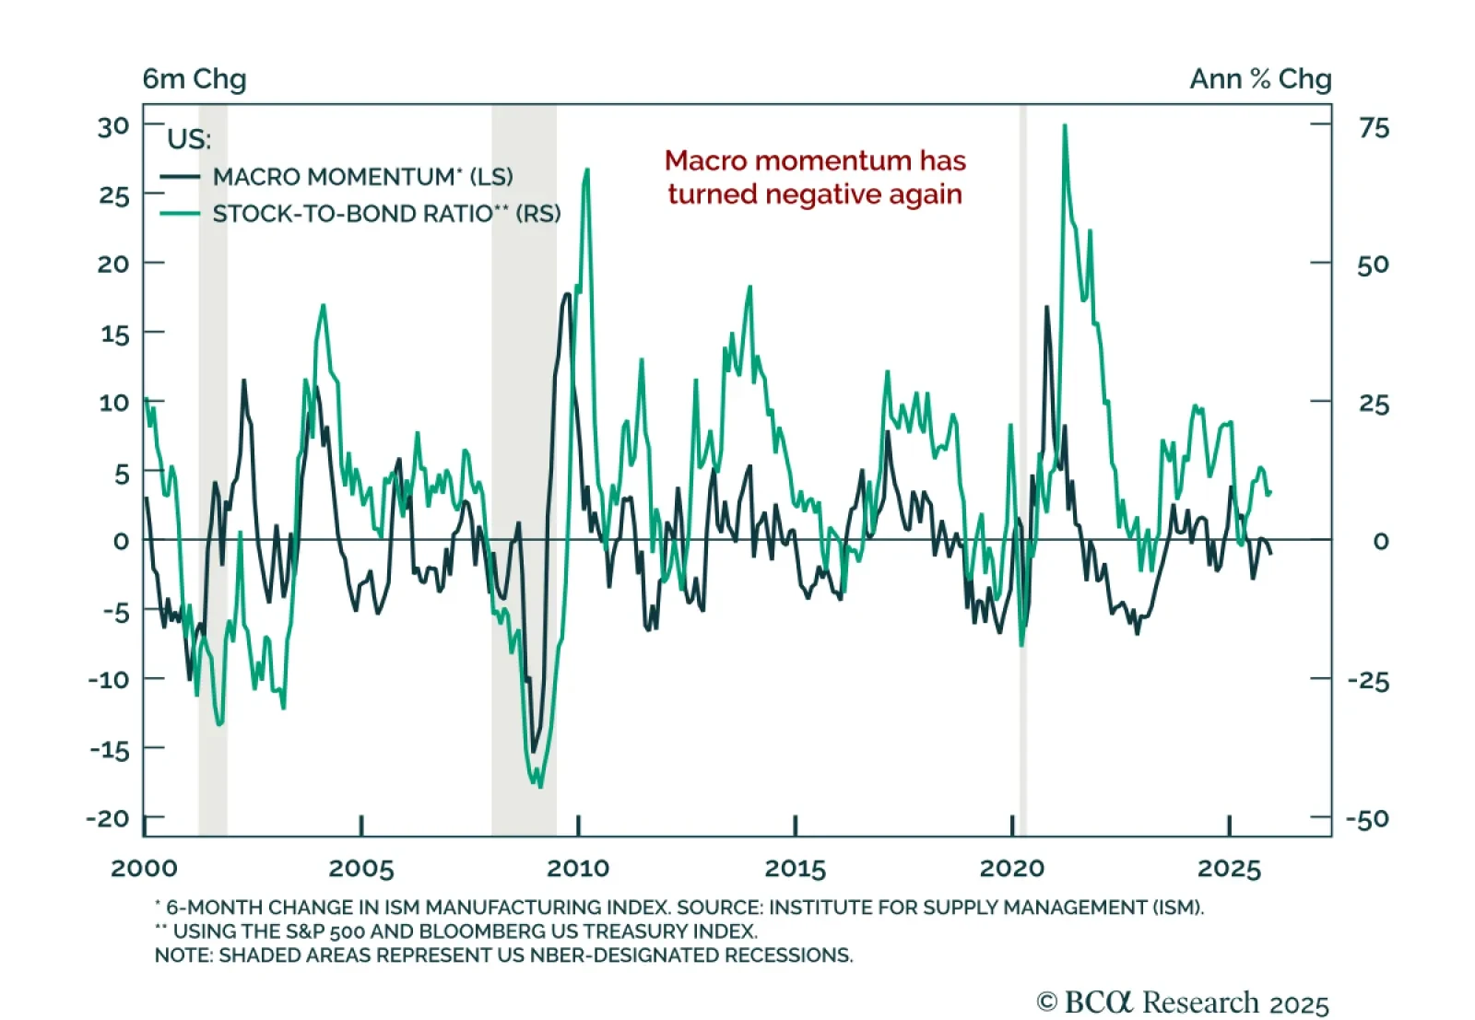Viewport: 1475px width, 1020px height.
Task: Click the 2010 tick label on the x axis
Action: (578, 868)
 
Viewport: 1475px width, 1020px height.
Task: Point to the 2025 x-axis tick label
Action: (1229, 868)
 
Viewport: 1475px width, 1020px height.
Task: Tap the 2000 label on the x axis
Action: (144, 868)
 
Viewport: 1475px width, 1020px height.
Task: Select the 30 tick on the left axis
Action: (114, 126)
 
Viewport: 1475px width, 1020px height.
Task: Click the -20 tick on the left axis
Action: (108, 818)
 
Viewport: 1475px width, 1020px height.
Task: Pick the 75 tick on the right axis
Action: (1374, 127)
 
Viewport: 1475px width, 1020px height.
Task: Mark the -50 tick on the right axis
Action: (1367, 818)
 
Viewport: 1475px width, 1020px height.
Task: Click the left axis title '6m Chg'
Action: (195, 79)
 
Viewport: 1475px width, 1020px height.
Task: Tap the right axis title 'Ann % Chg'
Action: (1260, 79)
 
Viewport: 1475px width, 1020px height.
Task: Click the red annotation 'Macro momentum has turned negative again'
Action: (815, 177)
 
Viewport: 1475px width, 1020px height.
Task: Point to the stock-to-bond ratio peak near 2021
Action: (1065, 126)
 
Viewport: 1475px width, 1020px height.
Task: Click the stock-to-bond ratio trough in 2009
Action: (539, 786)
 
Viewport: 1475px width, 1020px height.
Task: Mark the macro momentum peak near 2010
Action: (567, 295)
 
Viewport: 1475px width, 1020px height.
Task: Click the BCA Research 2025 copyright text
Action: (1183, 1002)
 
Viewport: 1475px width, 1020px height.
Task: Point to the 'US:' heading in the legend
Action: (189, 139)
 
